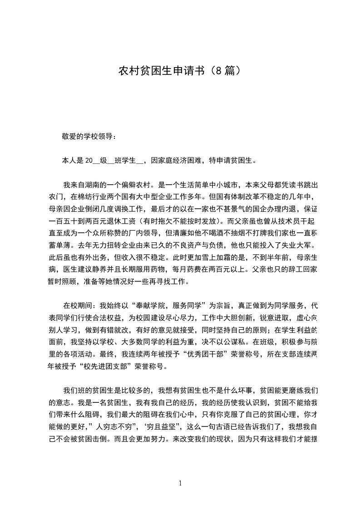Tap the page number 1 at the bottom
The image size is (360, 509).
(180, 483)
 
